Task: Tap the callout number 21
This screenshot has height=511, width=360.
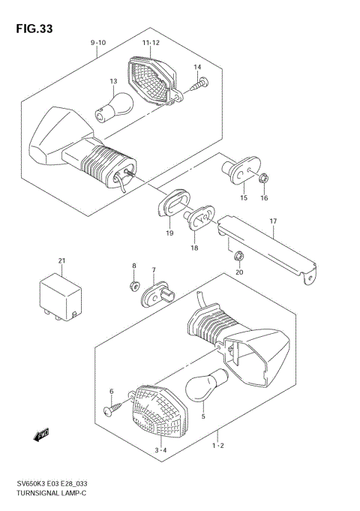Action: (62, 260)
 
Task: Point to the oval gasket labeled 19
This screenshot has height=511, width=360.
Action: (171, 205)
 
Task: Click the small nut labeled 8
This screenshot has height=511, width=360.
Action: (134, 285)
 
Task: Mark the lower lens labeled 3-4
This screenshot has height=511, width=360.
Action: (154, 412)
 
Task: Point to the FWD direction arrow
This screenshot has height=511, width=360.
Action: (41, 434)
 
